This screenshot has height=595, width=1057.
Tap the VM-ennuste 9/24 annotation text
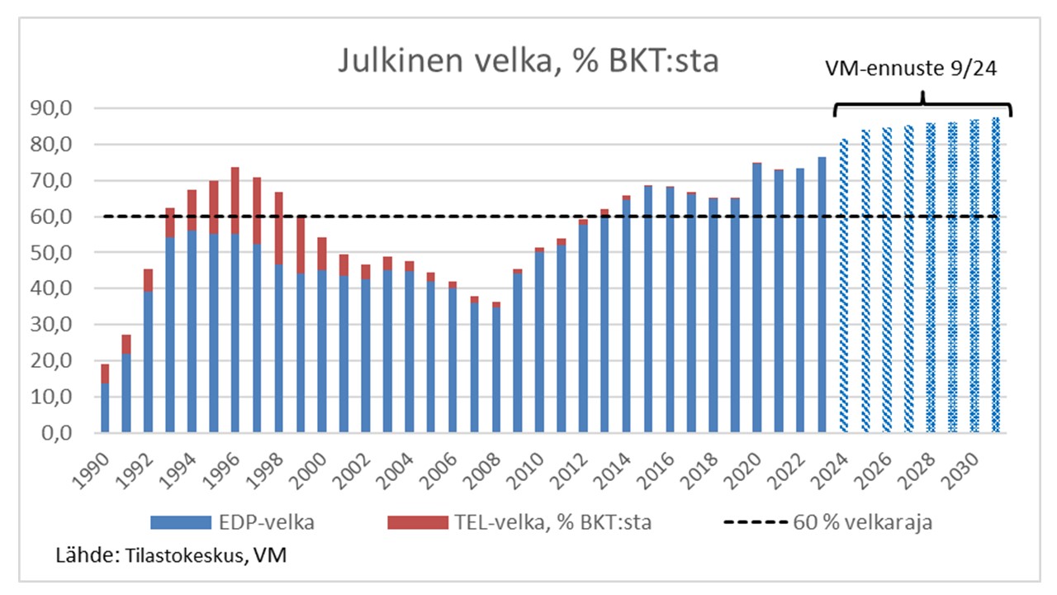912,69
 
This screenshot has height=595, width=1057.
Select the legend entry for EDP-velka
231,522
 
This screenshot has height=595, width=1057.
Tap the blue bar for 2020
756,297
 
